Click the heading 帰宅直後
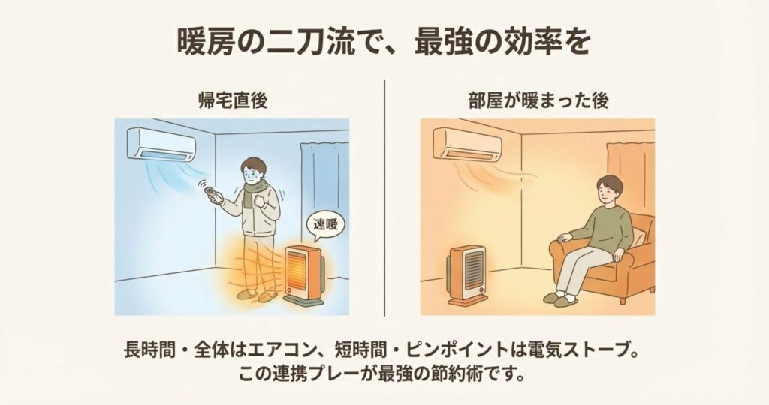coord(232,100)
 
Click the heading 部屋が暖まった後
coord(538,100)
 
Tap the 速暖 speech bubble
coord(325,225)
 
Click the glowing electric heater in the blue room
coord(303,275)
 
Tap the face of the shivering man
coord(254,172)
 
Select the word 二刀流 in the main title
coord(303,43)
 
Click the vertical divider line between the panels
coord(384,198)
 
